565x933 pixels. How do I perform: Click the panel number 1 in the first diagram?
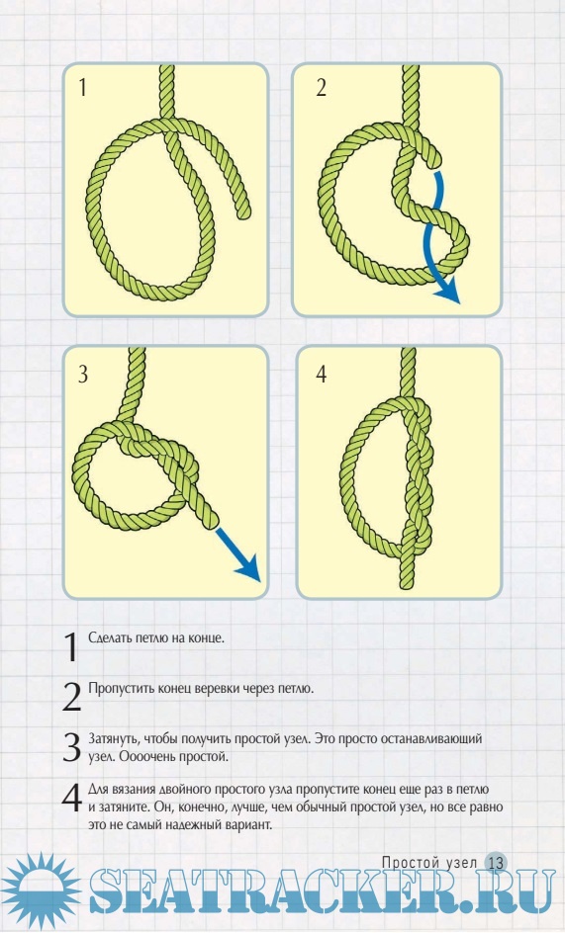point(82,87)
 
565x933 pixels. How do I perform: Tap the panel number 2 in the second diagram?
point(322,87)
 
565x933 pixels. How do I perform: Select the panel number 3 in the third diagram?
point(83,374)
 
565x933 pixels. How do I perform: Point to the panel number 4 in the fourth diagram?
point(322,374)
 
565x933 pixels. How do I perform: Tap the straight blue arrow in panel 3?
point(237,553)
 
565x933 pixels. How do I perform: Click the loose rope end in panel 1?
point(243,212)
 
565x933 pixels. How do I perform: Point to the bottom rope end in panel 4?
point(406,582)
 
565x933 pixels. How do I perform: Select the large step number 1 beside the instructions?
point(71,646)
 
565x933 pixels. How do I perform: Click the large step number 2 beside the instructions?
point(71,697)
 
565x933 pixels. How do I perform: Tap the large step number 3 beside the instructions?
point(71,747)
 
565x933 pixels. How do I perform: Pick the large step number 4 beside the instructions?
point(71,798)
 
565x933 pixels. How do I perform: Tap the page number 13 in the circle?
point(496,863)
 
